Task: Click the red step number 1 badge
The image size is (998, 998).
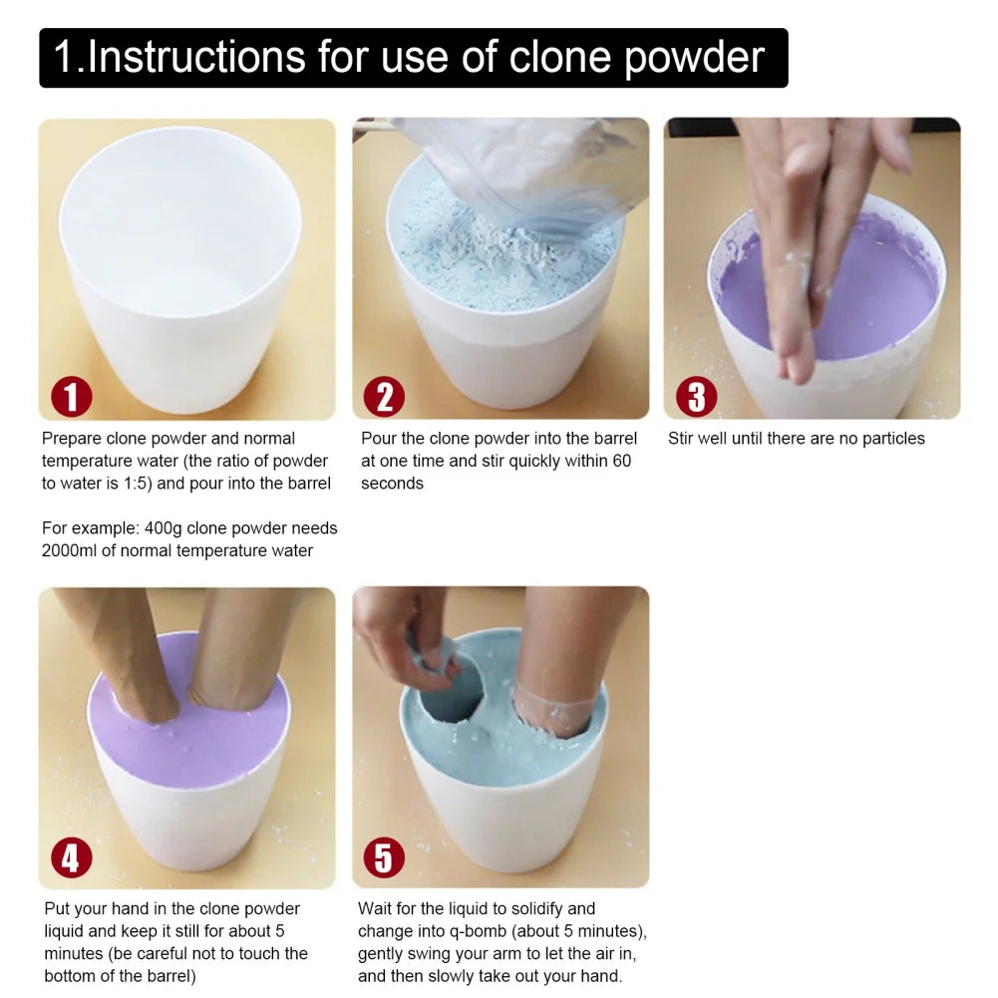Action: [x=71, y=397]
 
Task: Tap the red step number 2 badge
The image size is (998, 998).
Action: [x=384, y=397]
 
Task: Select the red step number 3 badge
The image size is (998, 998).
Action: [x=696, y=397]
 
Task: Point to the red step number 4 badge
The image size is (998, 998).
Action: [x=71, y=857]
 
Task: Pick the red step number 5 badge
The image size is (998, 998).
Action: [x=384, y=857]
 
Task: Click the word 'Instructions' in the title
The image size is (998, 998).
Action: [x=195, y=57]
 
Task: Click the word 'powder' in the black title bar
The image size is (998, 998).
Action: [x=694, y=59]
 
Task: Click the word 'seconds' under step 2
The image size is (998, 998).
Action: [x=392, y=484]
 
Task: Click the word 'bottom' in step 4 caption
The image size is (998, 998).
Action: [x=75, y=976]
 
